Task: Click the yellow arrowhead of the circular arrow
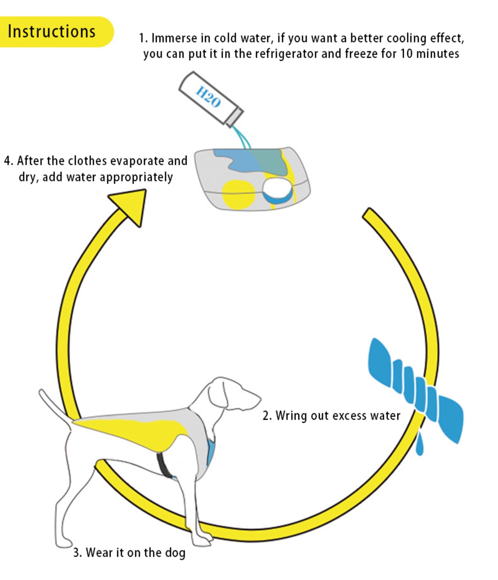pyautogui.click(x=130, y=204)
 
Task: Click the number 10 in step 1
pyautogui.click(x=406, y=54)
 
